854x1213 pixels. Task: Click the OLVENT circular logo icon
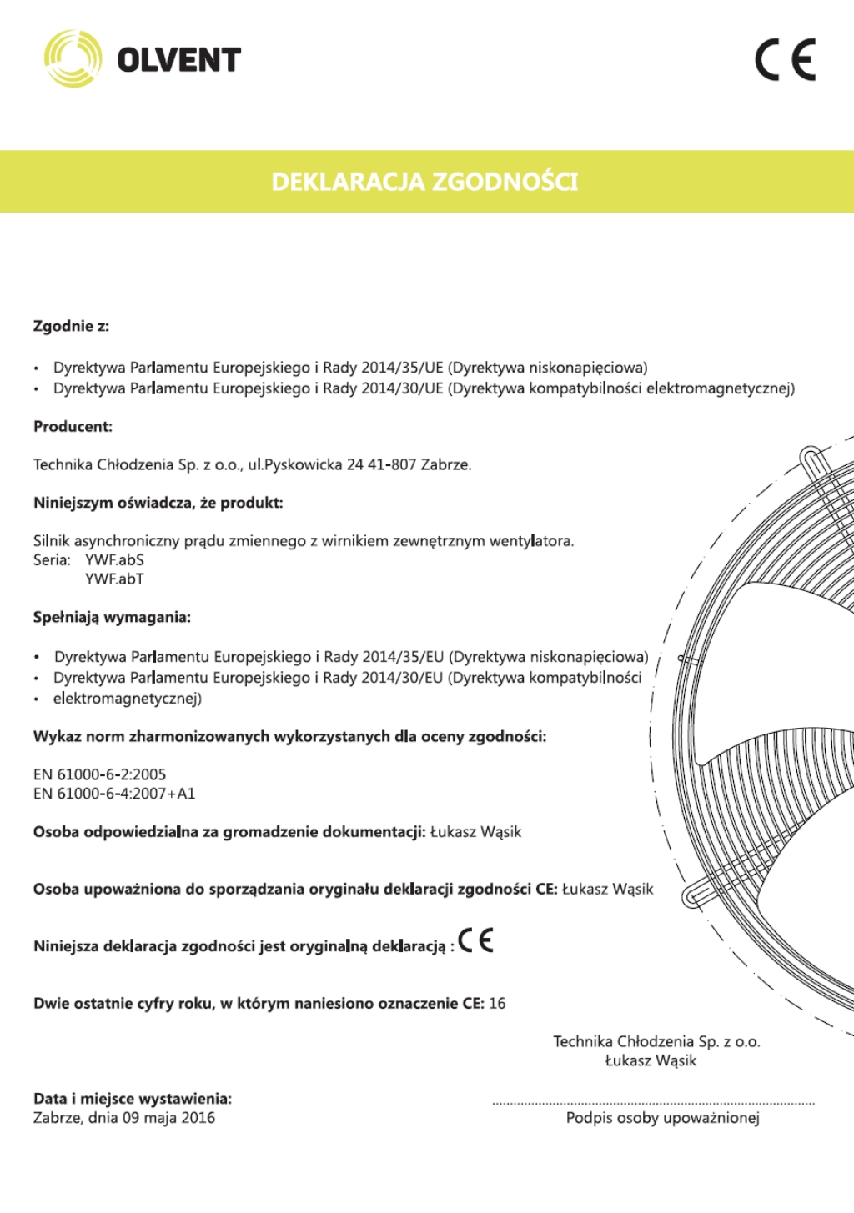73,59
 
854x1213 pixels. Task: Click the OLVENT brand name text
178,60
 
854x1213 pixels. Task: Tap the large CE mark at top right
785,59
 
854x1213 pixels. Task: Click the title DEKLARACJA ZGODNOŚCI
424,182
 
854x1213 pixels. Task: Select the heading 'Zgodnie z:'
71,326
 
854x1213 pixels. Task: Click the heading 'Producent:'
73,427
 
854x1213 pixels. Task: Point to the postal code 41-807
392,465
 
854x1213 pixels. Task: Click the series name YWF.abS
114,560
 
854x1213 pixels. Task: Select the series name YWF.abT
114,579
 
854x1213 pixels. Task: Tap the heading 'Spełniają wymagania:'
112,618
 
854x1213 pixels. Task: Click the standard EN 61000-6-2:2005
99,774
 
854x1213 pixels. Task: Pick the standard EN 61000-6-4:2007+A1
114,794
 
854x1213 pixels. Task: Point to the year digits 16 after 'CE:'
497,1004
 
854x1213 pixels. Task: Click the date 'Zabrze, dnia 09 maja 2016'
124,1118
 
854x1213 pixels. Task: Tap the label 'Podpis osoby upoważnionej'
662,1118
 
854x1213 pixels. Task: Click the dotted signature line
653,1103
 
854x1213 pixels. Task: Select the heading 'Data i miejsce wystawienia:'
133,1099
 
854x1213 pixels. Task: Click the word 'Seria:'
52,560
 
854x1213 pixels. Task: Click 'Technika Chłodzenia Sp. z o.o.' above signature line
656,1041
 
